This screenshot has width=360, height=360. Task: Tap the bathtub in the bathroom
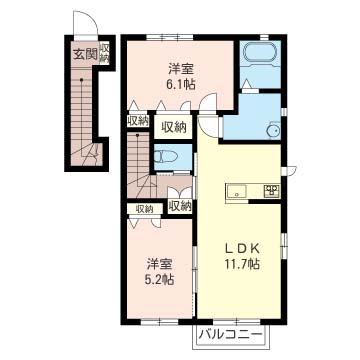pyautogui.click(x=260, y=55)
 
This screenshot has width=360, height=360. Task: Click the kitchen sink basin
pyautogui.click(x=237, y=192)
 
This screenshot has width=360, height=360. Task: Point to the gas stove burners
pyautogui.click(x=272, y=191)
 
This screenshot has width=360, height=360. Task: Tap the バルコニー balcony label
pyautogui.click(x=230, y=334)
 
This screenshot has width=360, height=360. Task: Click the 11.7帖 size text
pyautogui.click(x=242, y=264)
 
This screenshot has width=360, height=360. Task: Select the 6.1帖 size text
pyautogui.click(x=181, y=84)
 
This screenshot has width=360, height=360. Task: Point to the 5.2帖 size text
pyautogui.click(x=160, y=279)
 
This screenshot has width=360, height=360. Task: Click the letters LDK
pyautogui.click(x=242, y=248)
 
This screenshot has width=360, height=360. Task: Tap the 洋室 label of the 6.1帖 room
pyautogui.click(x=181, y=69)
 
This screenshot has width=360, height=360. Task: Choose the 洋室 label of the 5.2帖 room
pyautogui.click(x=160, y=264)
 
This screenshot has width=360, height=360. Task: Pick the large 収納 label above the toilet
pyautogui.click(x=174, y=127)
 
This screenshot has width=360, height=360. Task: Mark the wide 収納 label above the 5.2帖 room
pyautogui.click(x=144, y=209)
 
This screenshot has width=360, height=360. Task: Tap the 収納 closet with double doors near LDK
pyautogui.click(x=180, y=206)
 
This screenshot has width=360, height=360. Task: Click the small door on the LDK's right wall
pyautogui.click(x=289, y=170)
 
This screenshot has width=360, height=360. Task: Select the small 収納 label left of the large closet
pyautogui.click(x=138, y=121)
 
